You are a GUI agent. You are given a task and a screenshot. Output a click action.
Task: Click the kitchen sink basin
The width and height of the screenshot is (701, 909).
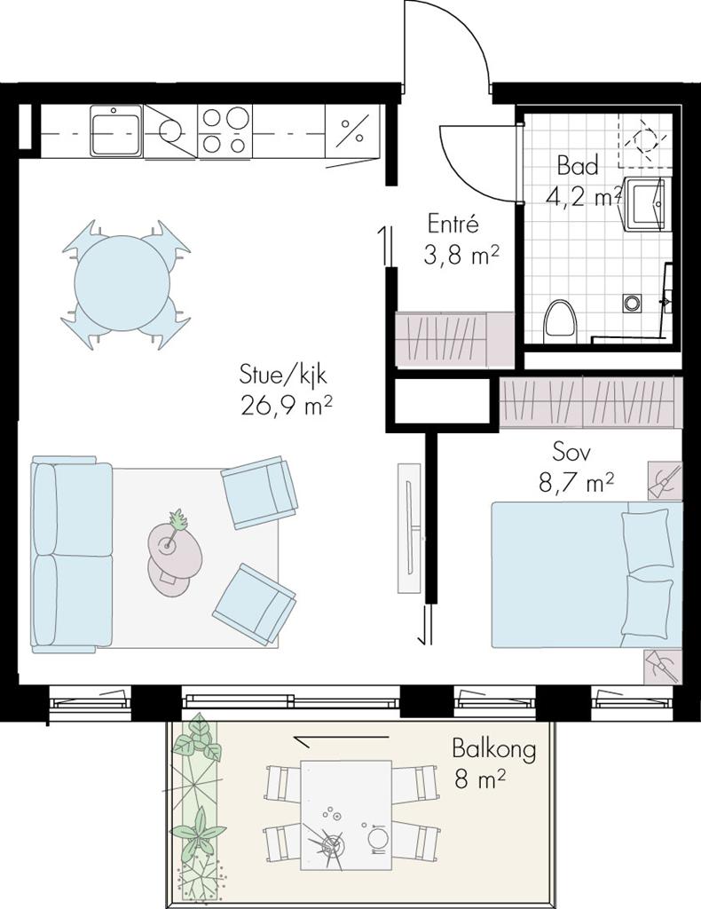tap(116, 130)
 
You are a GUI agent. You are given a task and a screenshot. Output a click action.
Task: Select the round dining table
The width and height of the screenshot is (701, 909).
tap(122, 283)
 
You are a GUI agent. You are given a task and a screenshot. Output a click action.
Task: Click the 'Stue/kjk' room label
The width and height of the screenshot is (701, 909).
tap(283, 375)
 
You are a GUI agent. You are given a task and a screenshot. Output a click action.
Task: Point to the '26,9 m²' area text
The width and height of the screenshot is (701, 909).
tap(286, 406)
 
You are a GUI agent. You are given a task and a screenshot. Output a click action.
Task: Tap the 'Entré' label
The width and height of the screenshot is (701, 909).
tap(453, 223)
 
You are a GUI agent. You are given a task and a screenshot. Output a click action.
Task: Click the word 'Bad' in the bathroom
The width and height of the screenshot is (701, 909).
tap(578, 166)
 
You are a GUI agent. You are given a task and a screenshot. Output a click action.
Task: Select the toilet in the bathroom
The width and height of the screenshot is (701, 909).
tap(558, 321)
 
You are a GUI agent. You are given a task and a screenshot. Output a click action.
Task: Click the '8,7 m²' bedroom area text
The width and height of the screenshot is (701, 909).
tap(576, 482)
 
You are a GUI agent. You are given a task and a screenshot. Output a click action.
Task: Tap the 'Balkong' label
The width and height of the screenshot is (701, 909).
tap(493, 749)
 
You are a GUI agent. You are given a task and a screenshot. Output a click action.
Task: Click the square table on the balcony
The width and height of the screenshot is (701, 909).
tap(346, 815)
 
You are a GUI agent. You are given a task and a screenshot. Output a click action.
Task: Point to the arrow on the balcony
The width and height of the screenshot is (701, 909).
tap(341, 738)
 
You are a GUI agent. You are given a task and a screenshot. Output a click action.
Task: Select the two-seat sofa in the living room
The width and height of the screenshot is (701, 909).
tap(72, 554)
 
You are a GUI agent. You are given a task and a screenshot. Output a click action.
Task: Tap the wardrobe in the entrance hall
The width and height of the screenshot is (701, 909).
tap(454, 339)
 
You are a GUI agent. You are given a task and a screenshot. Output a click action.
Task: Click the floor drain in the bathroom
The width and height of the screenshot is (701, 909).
tap(632, 303)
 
